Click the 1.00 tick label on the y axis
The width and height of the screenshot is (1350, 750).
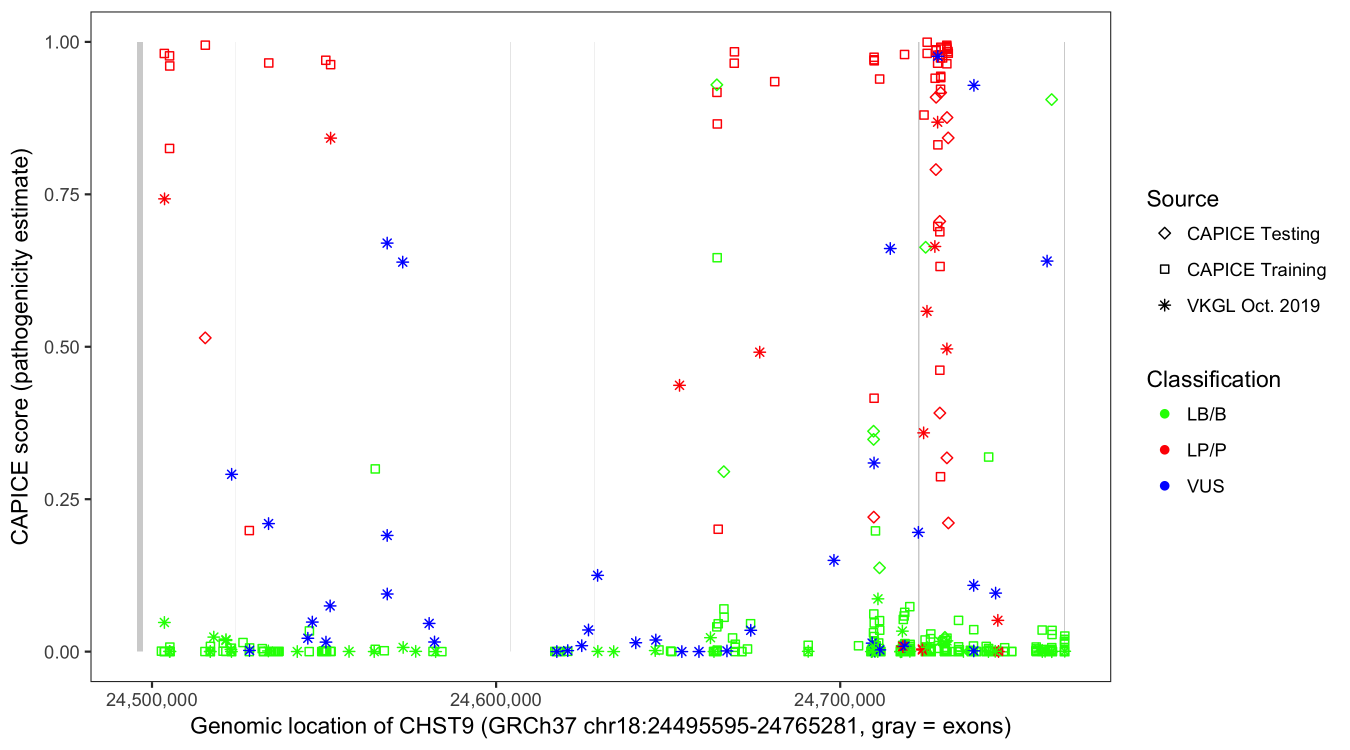click(x=61, y=42)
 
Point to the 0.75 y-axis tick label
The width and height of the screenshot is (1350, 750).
click(x=61, y=194)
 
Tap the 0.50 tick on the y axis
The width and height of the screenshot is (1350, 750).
click(x=61, y=347)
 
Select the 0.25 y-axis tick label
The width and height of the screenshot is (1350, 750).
click(x=61, y=499)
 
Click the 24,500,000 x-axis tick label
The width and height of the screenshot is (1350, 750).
click(x=151, y=699)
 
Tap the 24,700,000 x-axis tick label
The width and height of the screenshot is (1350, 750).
click(x=839, y=699)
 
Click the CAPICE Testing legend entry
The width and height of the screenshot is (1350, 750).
click(x=1252, y=234)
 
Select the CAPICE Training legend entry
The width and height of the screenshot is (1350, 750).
click(x=1255, y=270)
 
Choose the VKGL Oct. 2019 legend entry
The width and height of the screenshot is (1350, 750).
click(x=1252, y=305)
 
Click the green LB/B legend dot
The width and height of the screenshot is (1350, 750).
click(x=1164, y=414)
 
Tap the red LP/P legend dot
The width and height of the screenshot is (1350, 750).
click(x=1164, y=450)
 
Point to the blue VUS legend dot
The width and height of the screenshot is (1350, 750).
click(x=1164, y=486)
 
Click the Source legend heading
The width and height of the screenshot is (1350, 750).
click(x=1182, y=199)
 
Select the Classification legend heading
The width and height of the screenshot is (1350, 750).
click(x=1213, y=379)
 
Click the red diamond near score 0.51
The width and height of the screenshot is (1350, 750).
click(x=205, y=338)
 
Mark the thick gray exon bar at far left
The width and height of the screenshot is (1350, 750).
click(x=140, y=346)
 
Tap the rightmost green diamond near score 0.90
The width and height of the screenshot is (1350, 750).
click(x=1051, y=99)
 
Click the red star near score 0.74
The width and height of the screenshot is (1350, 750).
click(x=164, y=199)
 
